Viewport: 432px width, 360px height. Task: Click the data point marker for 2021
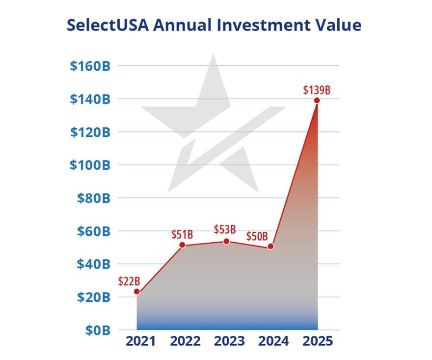137,292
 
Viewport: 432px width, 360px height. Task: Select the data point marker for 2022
182,245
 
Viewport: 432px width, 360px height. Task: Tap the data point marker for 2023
226,241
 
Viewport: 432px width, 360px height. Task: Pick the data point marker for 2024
270,247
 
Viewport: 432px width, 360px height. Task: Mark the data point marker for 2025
317,100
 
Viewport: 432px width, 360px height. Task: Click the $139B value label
317,90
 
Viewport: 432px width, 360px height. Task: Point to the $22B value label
130,281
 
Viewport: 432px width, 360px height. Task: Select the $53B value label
225,229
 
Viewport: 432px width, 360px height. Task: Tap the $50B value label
257,236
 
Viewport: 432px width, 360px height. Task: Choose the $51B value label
182,234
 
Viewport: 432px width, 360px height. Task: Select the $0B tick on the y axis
96,330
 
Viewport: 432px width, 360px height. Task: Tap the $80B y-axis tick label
93,198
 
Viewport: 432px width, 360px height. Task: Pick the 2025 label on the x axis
317,341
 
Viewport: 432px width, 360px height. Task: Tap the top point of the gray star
213,55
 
